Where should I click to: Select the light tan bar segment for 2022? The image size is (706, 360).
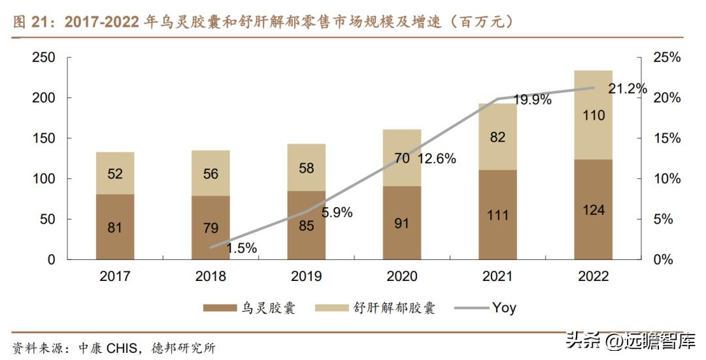pos(593,115)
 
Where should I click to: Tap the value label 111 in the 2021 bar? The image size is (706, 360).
pos(497,216)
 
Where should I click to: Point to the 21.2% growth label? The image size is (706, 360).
pos(627,88)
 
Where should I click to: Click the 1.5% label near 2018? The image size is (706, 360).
pos(241,248)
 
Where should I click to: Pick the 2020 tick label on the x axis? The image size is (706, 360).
pos(401,276)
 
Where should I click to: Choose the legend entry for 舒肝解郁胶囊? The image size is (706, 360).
pos(375,308)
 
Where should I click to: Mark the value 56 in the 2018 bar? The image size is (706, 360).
pos(210,174)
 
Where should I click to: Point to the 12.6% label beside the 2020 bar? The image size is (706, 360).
pos(434,158)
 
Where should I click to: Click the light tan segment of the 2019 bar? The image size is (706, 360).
pos(306,167)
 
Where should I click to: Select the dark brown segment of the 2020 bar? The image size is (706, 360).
pos(401,223)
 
